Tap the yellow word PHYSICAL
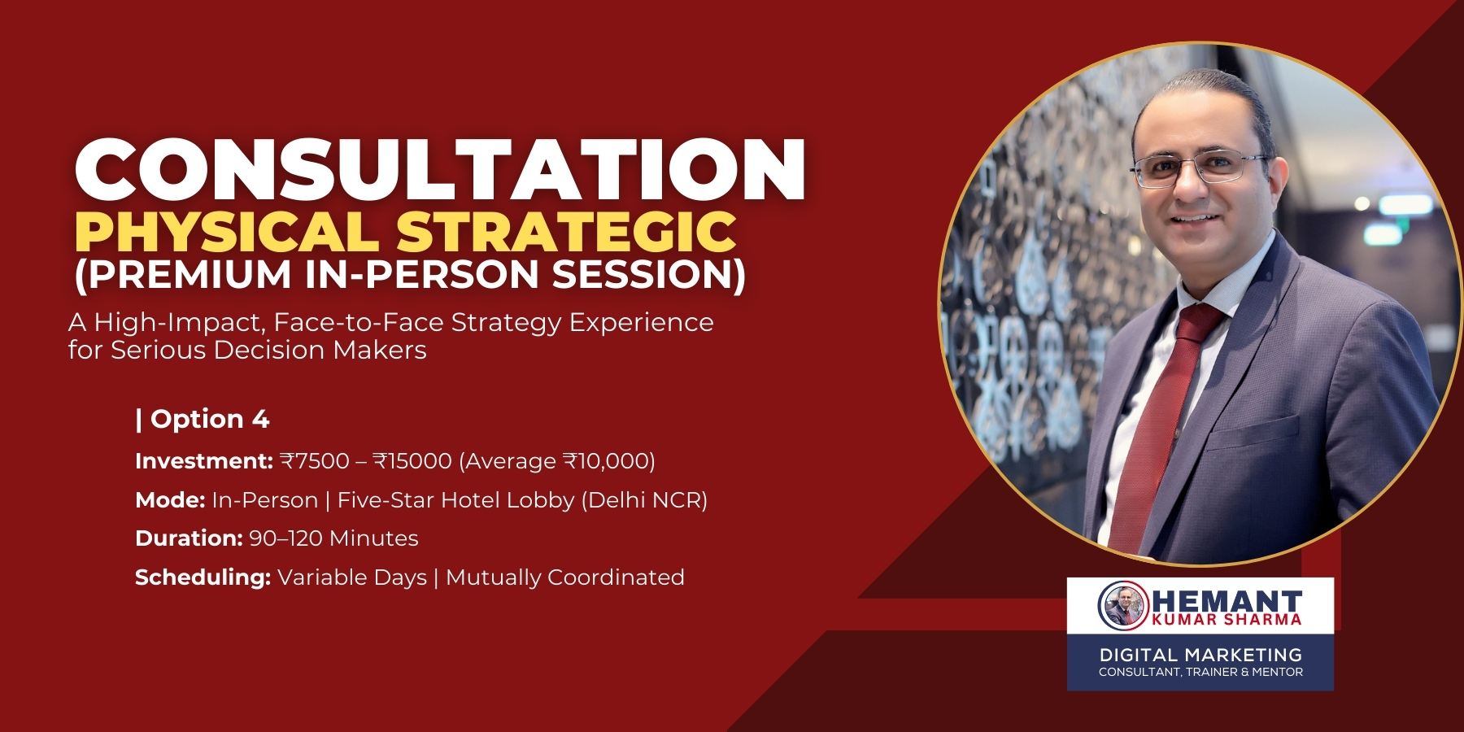pyautogui.click(x=226, y=233)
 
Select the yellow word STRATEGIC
pyautogui.click(x=566, y=233)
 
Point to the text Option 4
pyautogui.click(x=209, y=419)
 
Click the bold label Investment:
pyautogui.click(x=203, y=461)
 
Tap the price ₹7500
pyautogui.click(x=315, y=461)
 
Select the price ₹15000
pyautogui.click(x=412, y=461)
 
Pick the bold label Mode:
pyautogui.click(x=170, y=499)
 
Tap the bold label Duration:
pyautogui.click(x=189, y=538)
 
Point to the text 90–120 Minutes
pyautogui.click(x=333, y=538)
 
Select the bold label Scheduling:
pyautogui.click(x=203, y=577)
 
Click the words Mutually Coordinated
pyautogui.click(x=565, y=577)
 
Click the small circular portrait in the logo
pyautogui.click(x=1123, y=605)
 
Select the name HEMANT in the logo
pyautogui.click(x=1227, y=602)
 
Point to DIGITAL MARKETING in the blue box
pyautogui.click(x=1200, y=655)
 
